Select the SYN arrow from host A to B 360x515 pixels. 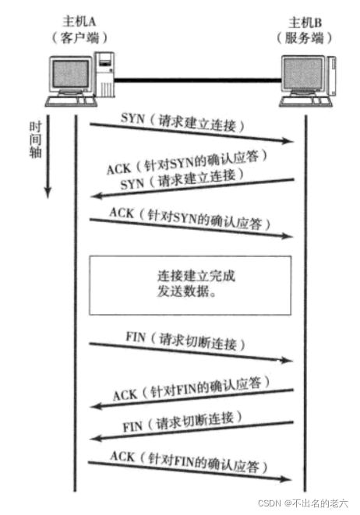coord(191,132)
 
